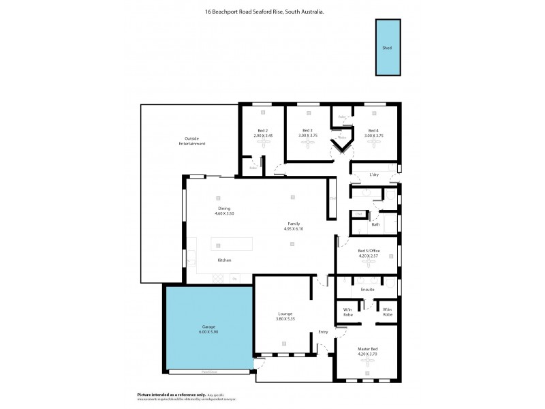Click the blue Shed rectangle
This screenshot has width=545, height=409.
point(387,48)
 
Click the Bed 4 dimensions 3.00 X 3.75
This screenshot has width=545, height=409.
point(373,136)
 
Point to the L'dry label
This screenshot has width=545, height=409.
point(373,175)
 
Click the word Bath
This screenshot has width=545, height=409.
point(375,224)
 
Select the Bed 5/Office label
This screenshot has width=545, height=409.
point(369,251)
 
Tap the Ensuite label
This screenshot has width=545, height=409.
point(367,290)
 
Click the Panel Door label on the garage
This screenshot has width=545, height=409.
point(208,372)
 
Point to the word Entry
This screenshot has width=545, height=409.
point(323,332)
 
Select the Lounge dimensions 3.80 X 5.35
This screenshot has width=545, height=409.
point(285,318)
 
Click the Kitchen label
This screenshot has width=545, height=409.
point(224,260)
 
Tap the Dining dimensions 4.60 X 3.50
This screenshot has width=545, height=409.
point(224,213)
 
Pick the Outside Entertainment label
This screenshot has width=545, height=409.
point(192,141)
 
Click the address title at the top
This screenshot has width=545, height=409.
point(272,12)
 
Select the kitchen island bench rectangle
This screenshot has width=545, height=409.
point(231,245)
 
